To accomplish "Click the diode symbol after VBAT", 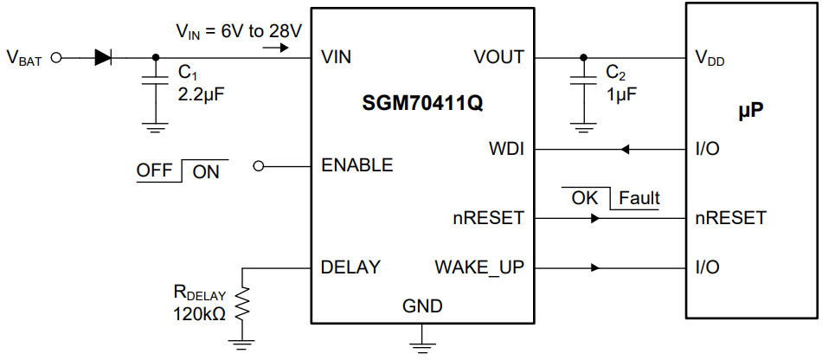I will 103,58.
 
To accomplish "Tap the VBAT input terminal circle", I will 57,58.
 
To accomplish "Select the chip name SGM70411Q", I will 422,104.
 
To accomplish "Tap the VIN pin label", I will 336,58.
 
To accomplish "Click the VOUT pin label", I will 498,58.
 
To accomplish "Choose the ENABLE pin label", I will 356,165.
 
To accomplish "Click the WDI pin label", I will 506,149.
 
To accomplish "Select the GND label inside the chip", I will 422,306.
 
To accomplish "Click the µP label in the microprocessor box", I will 749,112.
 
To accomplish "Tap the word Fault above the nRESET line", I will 639,198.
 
